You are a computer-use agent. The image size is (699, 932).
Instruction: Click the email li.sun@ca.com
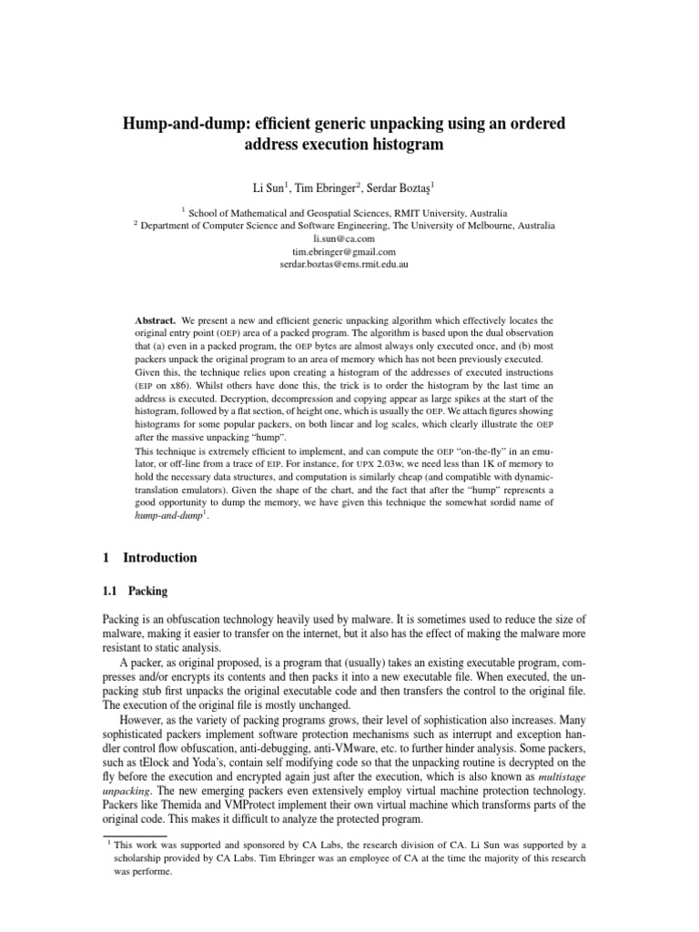point(349,238)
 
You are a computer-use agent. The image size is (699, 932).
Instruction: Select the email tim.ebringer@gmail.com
point(349,250)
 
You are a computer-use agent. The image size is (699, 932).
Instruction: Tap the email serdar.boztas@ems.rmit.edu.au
point(349,263)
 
